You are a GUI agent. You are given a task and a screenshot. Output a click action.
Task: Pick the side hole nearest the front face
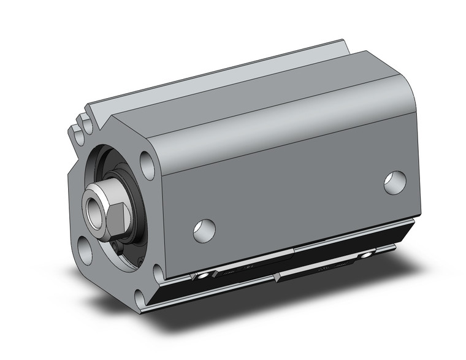(204, 229)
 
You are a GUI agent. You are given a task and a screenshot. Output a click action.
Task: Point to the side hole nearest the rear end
(395, 182)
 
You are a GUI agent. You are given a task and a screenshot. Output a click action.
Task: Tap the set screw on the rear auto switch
(367, 254)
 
